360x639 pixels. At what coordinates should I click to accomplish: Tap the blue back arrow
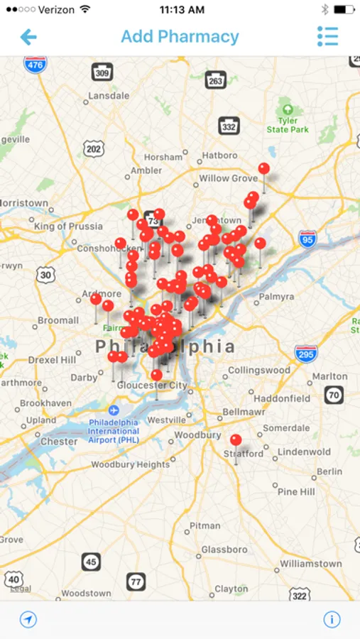[28, 37]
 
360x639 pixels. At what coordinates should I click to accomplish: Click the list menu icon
[327, 37]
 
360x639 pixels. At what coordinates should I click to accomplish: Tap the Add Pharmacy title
[180, 37]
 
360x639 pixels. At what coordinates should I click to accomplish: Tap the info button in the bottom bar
[332, 619]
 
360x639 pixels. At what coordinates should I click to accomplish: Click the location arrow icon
[28, 619]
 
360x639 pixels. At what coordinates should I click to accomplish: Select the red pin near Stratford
[236, 441]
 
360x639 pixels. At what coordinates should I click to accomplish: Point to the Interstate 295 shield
[306, 352]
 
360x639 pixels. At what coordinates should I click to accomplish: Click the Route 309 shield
[102, 72]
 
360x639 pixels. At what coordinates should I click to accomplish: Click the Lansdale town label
[109, 95]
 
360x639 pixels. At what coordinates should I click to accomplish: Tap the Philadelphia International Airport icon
[114, 410]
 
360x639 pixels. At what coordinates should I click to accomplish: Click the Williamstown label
[311, 563]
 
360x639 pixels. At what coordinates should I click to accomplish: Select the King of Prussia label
[69, 226]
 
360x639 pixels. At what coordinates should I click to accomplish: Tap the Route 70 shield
[334, 395]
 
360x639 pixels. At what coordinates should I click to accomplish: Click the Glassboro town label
[224, 550]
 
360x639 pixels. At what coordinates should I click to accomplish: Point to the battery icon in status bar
[343, 9]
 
